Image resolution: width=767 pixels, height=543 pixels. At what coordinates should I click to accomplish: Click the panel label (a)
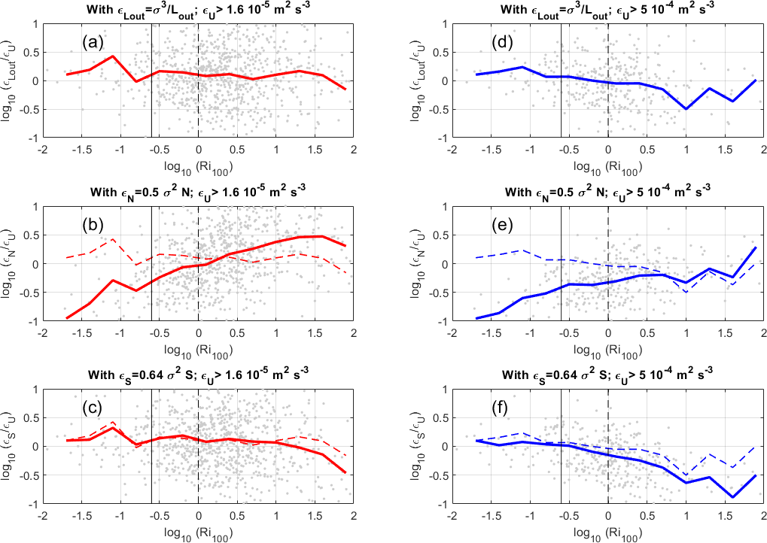pyautogui.click(x=93, y=43)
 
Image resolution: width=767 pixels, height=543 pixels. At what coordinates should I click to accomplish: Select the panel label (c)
pyautogui.click(x=93, y=409)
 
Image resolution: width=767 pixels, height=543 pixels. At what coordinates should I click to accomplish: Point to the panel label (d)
pyautogui.click(x=503, y=43)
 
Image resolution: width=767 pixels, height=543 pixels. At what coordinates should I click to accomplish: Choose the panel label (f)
pyautogui.click(x=503, y=409)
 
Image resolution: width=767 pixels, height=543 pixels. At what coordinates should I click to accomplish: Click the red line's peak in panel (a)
pyautogui.click(x=112, y=56)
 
